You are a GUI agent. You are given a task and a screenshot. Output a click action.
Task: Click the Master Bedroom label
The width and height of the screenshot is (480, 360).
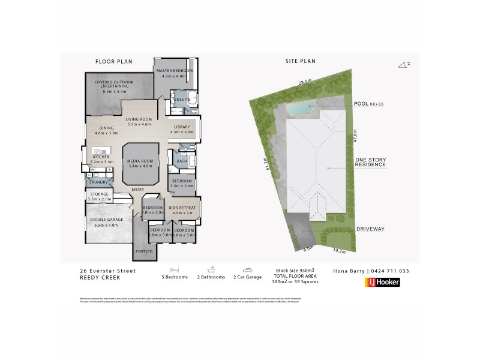175,71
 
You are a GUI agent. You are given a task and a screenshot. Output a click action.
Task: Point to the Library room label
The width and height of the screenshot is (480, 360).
182,127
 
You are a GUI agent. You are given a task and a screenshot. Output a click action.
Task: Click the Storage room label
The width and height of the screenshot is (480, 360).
100,194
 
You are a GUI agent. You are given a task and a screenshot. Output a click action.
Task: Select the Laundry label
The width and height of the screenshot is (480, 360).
99,182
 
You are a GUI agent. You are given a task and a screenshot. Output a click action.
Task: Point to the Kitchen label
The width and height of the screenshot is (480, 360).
101,157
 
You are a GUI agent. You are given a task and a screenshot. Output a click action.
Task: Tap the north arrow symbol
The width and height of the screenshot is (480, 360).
404,64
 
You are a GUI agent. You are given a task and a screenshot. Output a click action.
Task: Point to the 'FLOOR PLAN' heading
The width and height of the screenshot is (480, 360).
114,61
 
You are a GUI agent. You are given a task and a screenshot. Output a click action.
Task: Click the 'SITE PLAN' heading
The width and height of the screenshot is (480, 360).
300,61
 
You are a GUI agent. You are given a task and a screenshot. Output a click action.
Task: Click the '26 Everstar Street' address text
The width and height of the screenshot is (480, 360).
107,271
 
